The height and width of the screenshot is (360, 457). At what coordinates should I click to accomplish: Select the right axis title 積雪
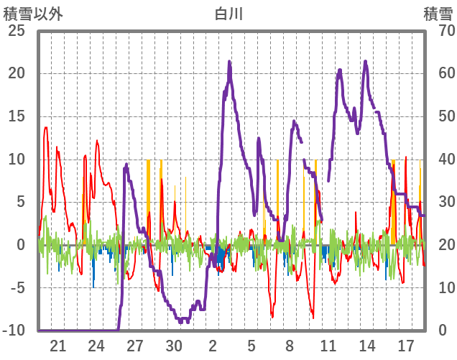coord(437,13)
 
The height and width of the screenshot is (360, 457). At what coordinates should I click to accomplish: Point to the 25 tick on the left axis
coord(16,31)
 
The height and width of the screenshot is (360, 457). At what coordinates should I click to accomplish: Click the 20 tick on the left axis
coord(16,73)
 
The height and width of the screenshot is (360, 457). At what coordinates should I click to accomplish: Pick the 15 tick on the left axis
coord(16,116)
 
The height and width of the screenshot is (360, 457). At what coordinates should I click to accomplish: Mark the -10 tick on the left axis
coord(14,331)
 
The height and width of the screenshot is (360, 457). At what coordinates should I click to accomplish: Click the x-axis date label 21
coord(58,346)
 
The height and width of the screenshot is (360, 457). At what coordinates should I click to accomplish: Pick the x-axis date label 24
coord(97,346)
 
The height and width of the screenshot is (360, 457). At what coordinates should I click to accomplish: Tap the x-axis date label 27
coord(136,346)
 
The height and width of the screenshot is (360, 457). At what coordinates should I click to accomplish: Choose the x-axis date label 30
coord(175,346)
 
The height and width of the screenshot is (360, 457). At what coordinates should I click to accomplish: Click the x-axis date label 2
coord(213,346)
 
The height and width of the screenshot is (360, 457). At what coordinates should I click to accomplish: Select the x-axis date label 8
coord(290,346)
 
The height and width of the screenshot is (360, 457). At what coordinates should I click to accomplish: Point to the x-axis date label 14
coord(368,346)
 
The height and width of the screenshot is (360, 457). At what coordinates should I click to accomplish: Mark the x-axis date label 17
coord(407,346)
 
